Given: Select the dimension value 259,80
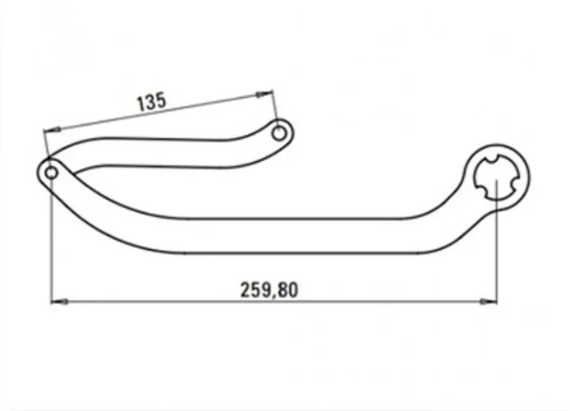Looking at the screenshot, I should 269,289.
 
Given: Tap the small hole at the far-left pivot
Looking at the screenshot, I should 51,173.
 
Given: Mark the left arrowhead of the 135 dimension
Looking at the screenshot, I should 52,129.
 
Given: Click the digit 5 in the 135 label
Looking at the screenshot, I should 163,101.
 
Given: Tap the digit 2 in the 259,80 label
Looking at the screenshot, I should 245,289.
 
